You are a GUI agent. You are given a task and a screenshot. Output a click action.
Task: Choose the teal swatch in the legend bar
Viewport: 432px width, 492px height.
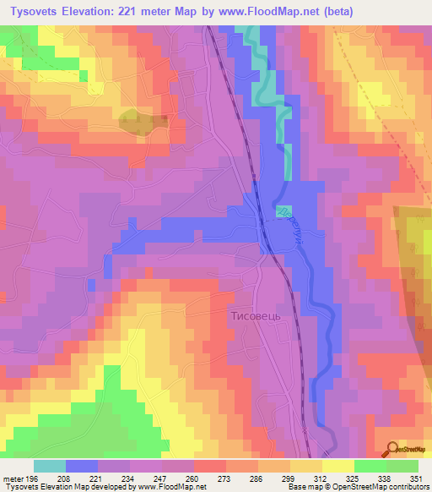click(x=49, y=466)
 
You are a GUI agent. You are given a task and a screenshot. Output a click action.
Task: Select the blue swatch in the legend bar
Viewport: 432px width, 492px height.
click(x=81, y=466)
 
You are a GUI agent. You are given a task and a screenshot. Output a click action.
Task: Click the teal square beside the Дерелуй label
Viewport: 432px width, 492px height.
click(x=281, y=210)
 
